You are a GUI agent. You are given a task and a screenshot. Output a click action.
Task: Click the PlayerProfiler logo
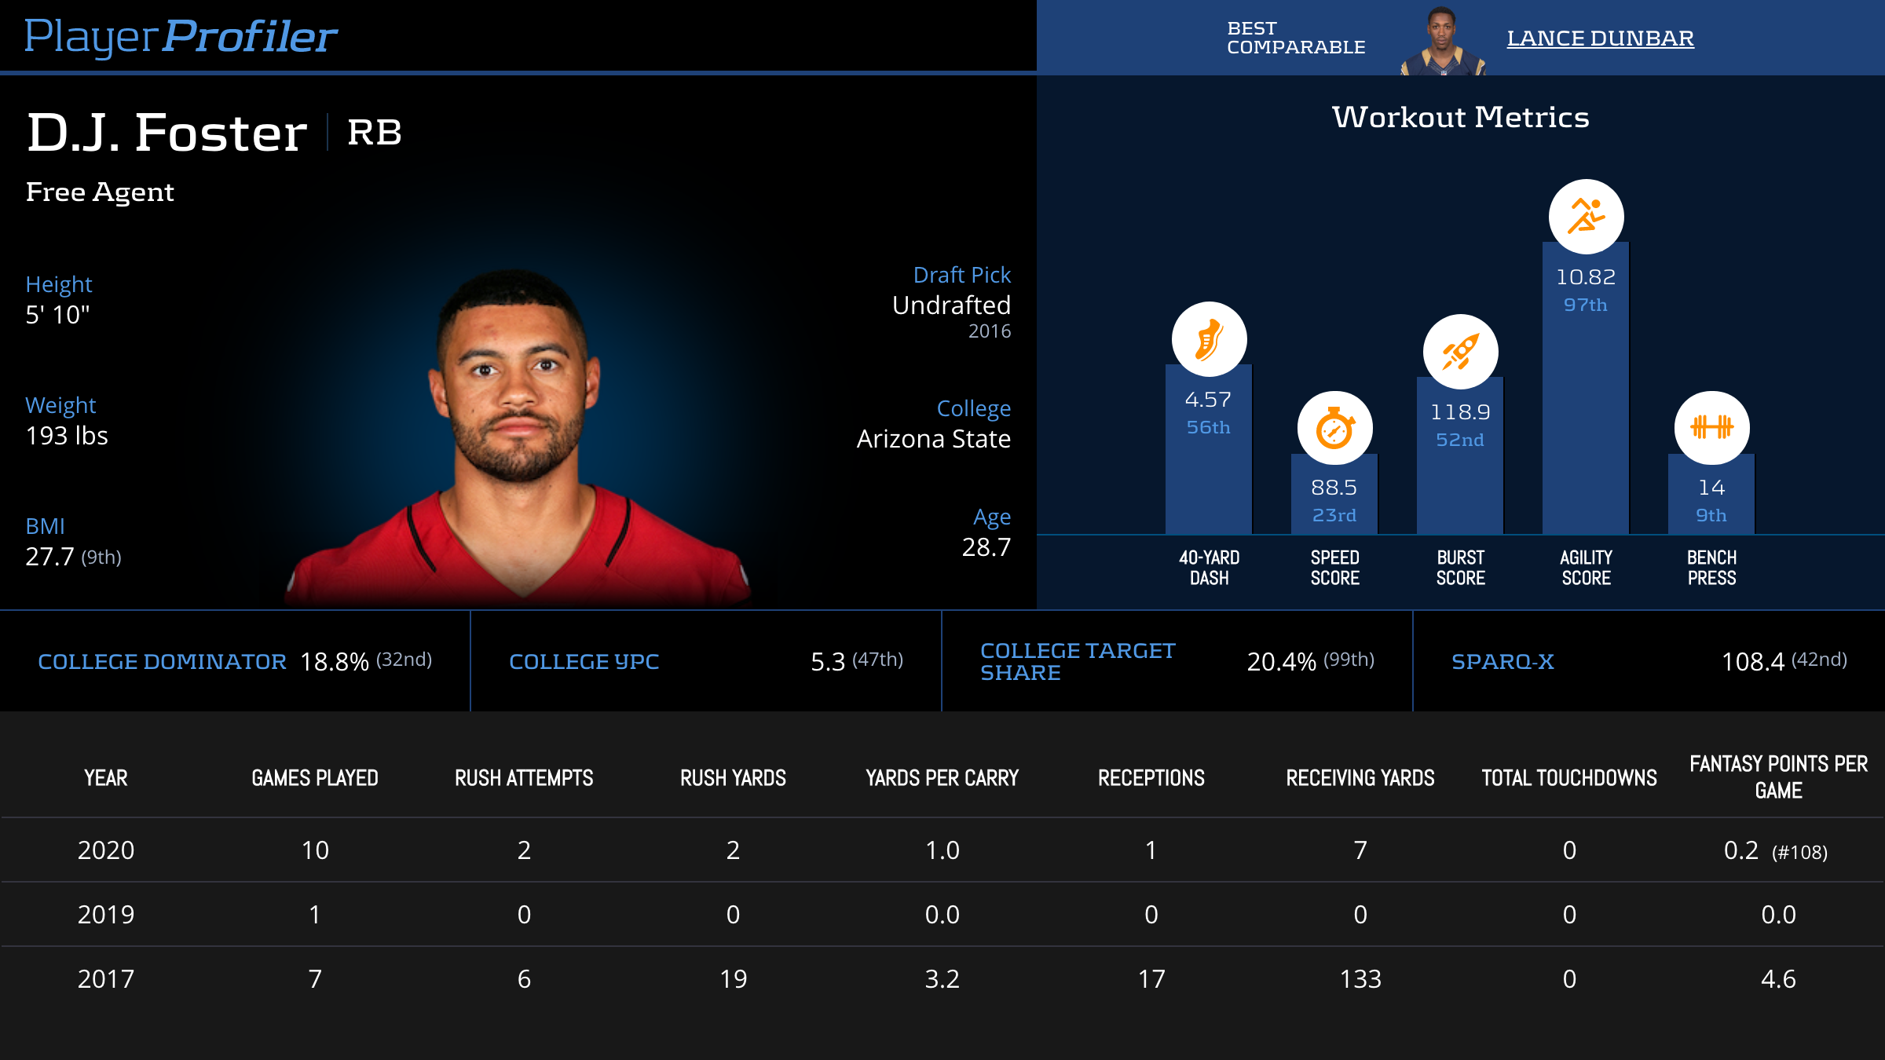(181, 36)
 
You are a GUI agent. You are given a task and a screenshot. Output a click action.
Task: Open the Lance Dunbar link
(1600, 38)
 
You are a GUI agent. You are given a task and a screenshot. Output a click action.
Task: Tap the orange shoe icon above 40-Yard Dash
(1209, 339)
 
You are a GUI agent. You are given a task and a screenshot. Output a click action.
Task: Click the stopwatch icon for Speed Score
(1334, 429)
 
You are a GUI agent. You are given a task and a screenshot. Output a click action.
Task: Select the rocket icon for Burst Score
(1460, 352)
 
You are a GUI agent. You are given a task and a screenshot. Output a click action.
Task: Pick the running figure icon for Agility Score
(1586, 217)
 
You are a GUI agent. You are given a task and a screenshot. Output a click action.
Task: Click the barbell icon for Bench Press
(1711, 428)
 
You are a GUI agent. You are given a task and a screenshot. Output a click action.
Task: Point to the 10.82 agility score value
(1586, 277)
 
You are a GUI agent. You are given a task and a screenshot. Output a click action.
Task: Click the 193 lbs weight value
(67, 436)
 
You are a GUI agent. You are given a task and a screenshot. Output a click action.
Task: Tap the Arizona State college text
(933, 439)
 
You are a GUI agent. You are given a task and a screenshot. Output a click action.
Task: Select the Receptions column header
(1151, 778)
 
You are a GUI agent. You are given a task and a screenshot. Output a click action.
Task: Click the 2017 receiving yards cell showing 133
(1360, 979)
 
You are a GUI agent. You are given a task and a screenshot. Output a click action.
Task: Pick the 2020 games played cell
(315, 850)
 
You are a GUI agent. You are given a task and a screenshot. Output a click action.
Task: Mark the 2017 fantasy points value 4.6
(1778, 979)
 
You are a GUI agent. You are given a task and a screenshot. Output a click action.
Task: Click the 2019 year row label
(106, 915)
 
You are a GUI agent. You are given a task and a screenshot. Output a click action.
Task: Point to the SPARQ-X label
(1503, 662)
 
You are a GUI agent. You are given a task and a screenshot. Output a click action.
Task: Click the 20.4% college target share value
(1281, 662)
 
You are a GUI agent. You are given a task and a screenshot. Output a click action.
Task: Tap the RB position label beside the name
(375, 132)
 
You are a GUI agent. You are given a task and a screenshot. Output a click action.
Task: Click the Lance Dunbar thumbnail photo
(1442, 41)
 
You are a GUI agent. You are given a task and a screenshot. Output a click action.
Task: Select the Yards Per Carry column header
(942, 778)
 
